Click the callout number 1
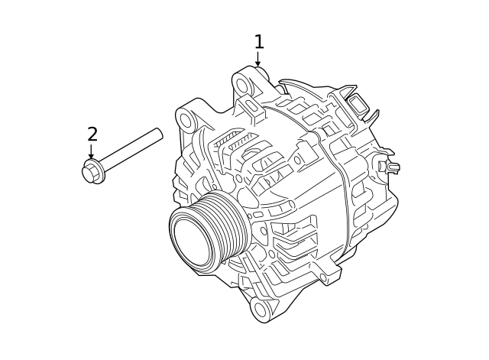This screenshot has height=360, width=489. (259, 41)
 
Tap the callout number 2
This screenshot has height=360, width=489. (92, 135)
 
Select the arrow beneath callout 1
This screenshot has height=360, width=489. (258, 60)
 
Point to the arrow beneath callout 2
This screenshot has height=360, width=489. (92, 152)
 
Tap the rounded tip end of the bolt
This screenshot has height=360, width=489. (160, 133)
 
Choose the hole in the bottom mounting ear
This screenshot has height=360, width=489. (261, 310)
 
